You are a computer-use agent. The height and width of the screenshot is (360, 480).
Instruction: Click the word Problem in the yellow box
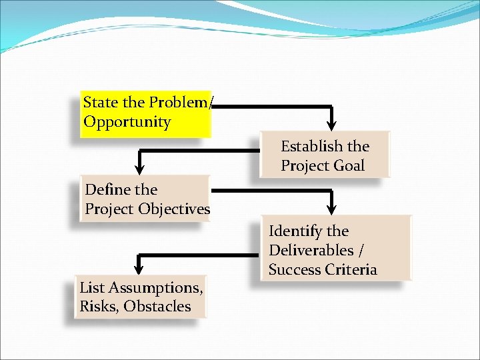177,103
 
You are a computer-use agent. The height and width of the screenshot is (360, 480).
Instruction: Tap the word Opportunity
127,123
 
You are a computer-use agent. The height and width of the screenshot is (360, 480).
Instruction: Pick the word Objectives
174,209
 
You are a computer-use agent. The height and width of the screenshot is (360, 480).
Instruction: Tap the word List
91,288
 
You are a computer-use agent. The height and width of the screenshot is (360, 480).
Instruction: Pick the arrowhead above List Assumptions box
139,268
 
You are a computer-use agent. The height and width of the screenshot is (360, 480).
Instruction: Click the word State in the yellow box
100,103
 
